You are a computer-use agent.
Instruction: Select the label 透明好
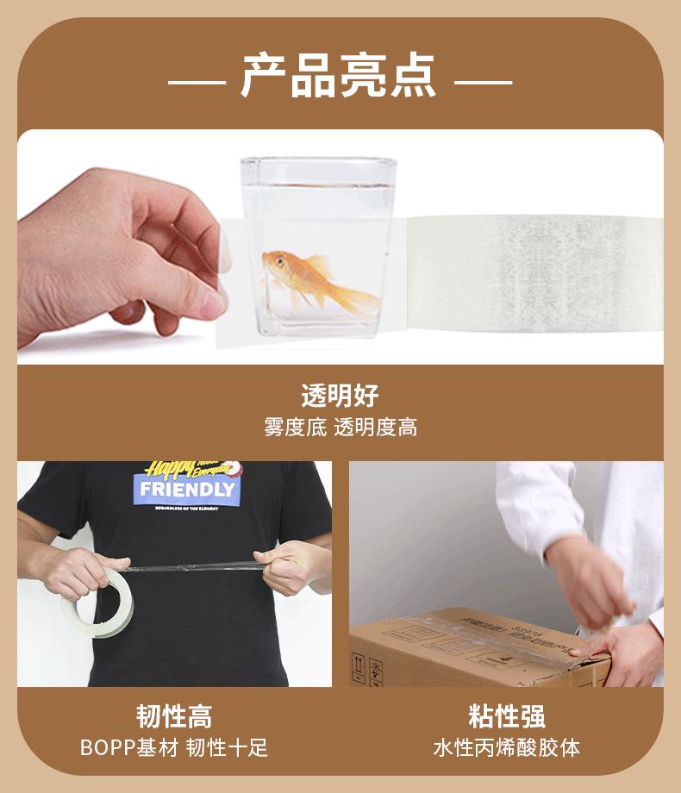tap(340, 396)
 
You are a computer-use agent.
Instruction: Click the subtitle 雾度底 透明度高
tap(340, 428)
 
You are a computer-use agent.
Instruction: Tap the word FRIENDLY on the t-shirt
tap(187, 490)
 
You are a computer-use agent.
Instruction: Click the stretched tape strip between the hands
tap(194, 566)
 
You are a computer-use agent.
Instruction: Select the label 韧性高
tap(174, 715)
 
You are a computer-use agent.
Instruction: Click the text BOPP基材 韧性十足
tap(174, 747)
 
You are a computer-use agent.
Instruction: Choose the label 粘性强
tap(506, 715)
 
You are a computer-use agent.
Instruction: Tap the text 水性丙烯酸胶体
tap(506, 747)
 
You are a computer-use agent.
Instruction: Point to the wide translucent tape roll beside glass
tap(534, 273)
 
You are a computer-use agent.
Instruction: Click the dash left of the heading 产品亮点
tap(197, 83)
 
